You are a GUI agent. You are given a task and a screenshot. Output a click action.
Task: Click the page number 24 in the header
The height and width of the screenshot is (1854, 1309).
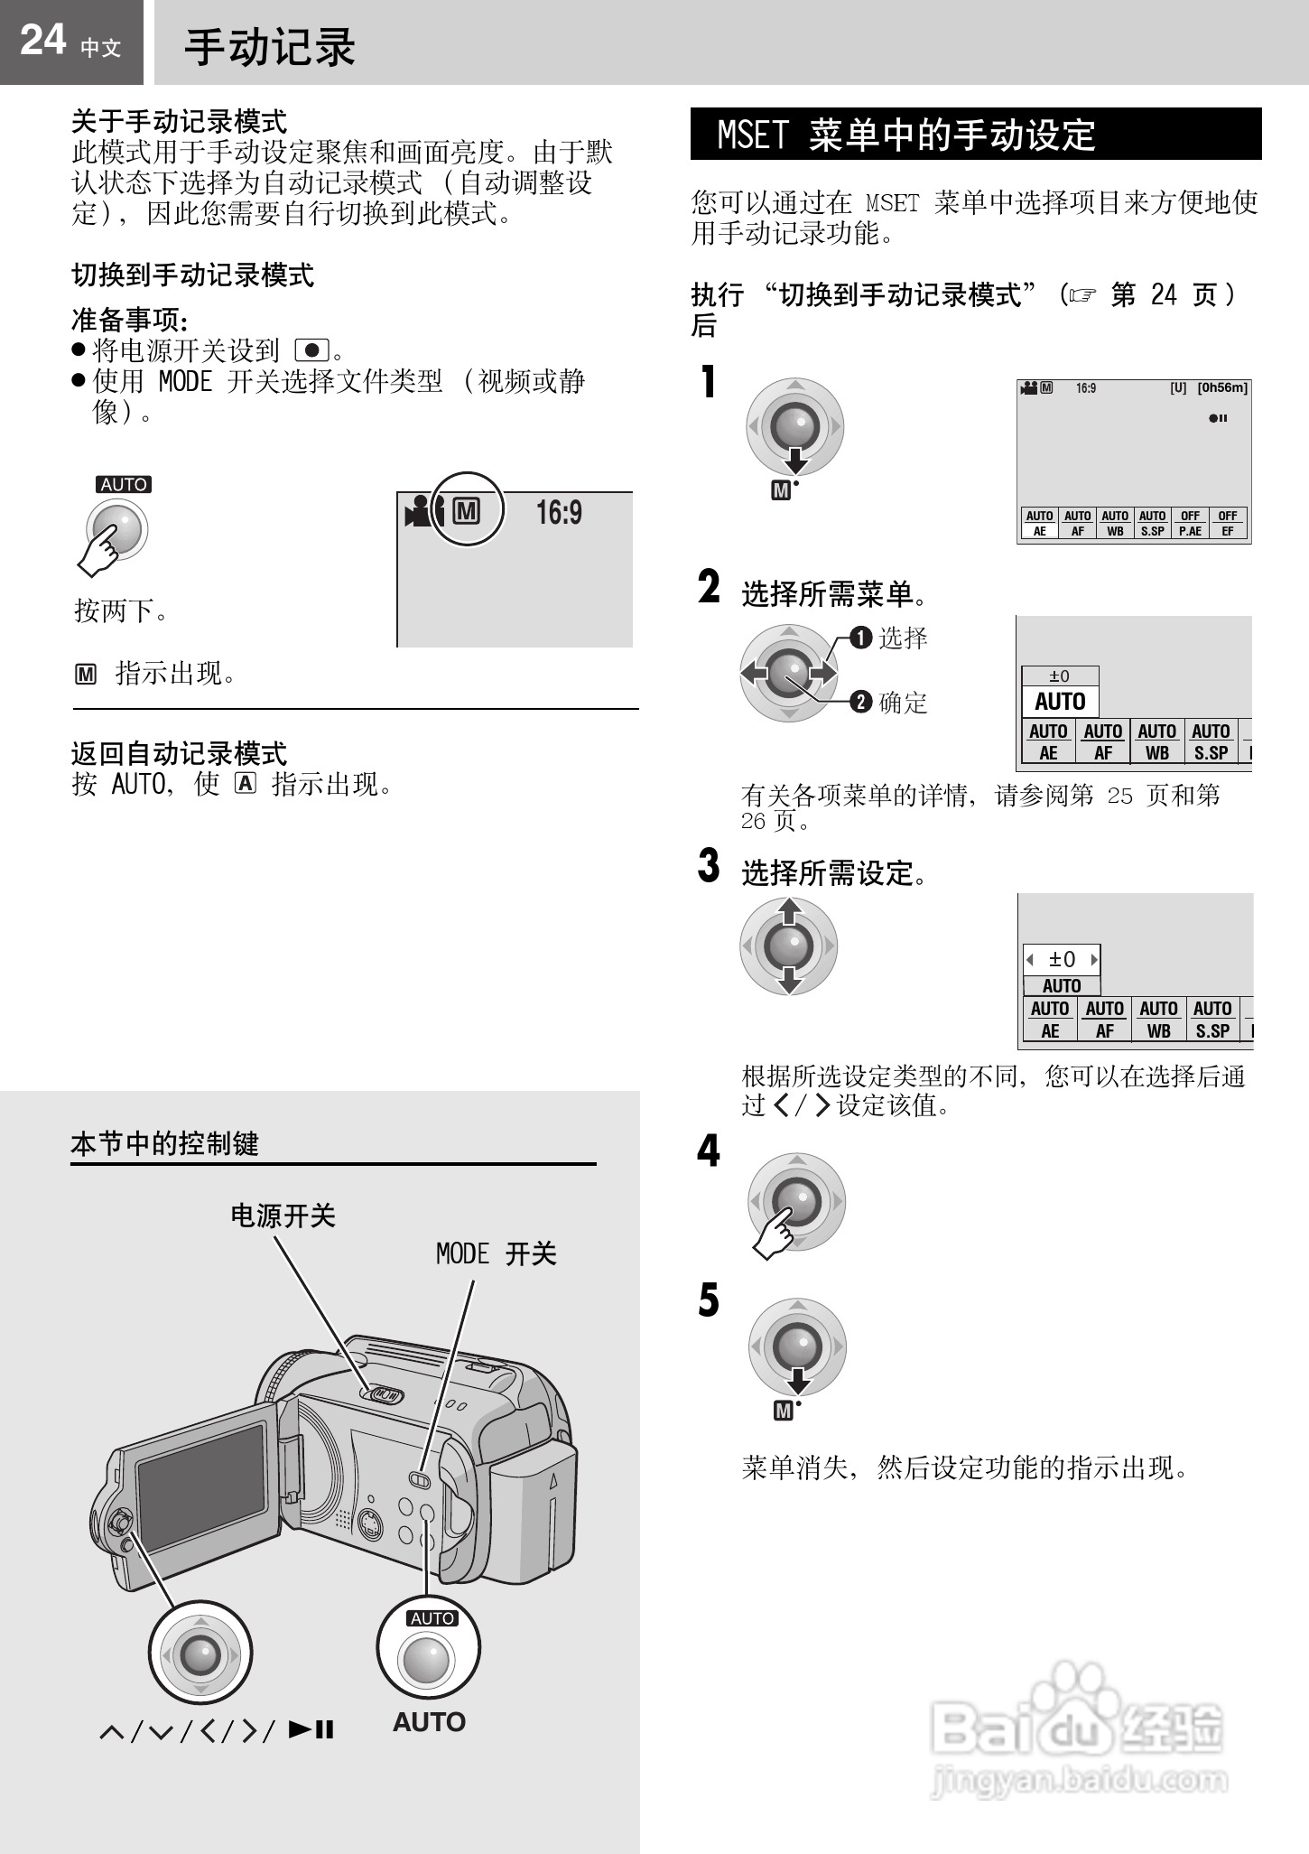tap(42, 41)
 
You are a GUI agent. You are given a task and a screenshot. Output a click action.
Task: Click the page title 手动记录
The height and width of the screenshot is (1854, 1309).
tap(270, 47)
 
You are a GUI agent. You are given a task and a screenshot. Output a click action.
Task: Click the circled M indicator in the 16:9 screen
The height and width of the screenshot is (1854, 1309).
tap(466, 511)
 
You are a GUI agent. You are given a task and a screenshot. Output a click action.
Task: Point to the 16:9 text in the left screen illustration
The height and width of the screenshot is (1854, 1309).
tap(559, 513)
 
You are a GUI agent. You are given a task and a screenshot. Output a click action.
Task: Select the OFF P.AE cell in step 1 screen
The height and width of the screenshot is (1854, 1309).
tap(1190, 523)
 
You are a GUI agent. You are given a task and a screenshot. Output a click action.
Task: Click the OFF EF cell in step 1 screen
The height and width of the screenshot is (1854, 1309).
tap(1228, 523)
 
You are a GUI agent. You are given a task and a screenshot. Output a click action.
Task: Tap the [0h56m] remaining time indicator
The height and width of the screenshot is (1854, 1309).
tap(1222, 388)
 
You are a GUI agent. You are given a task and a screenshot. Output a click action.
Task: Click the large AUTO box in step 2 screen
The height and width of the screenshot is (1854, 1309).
tap(1060, 702)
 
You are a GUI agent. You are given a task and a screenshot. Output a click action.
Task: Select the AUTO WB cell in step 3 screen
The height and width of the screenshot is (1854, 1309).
tap(1158, 1020)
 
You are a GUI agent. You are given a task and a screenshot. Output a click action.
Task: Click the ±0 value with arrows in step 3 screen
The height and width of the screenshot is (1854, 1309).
tap(1062, 960)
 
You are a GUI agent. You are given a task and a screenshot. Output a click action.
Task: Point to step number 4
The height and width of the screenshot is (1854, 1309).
tap(709, 1151)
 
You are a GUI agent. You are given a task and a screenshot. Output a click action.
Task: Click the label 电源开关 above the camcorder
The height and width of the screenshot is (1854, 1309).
tap(283, 1216)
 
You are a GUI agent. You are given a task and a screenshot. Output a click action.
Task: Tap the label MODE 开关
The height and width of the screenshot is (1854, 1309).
tap(496, 1253)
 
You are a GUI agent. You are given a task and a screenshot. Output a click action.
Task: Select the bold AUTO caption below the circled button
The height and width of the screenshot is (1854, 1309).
tap(429, 1722)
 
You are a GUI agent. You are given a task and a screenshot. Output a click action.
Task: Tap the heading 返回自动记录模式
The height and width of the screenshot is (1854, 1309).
tap(179, 753)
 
